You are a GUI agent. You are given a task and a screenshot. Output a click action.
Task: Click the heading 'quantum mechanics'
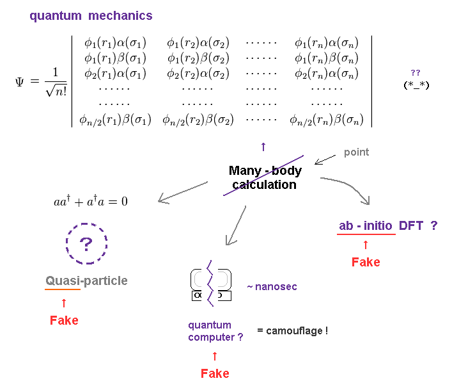[91, 15]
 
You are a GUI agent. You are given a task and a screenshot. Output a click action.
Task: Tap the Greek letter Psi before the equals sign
[20, 82]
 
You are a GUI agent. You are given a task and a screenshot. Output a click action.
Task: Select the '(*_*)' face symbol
[416, 85]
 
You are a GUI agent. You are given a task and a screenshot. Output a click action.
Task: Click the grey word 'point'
[356, 152]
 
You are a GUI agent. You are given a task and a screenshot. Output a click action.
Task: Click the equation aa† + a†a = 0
[90, 201]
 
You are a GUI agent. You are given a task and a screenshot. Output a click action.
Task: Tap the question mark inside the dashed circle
[86, 243]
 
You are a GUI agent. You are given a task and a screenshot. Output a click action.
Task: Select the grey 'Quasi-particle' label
[86, 280]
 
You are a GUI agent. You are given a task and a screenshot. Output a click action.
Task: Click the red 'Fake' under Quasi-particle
[64, 320]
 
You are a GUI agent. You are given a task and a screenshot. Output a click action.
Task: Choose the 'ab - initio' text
[366, 225]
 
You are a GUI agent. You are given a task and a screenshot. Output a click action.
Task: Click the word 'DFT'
[411, 225]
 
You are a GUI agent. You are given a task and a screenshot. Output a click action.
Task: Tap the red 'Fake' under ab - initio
[366, 262]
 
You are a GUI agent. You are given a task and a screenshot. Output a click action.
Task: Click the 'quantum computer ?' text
[215, 331]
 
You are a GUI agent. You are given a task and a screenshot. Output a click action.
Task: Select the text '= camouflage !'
[292, 331]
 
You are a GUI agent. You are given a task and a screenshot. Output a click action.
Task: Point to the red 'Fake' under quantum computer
[215, 373]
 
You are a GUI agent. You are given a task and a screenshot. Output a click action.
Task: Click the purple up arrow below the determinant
[263, 147]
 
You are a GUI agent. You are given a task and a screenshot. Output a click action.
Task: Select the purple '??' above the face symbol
[416, 72]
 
